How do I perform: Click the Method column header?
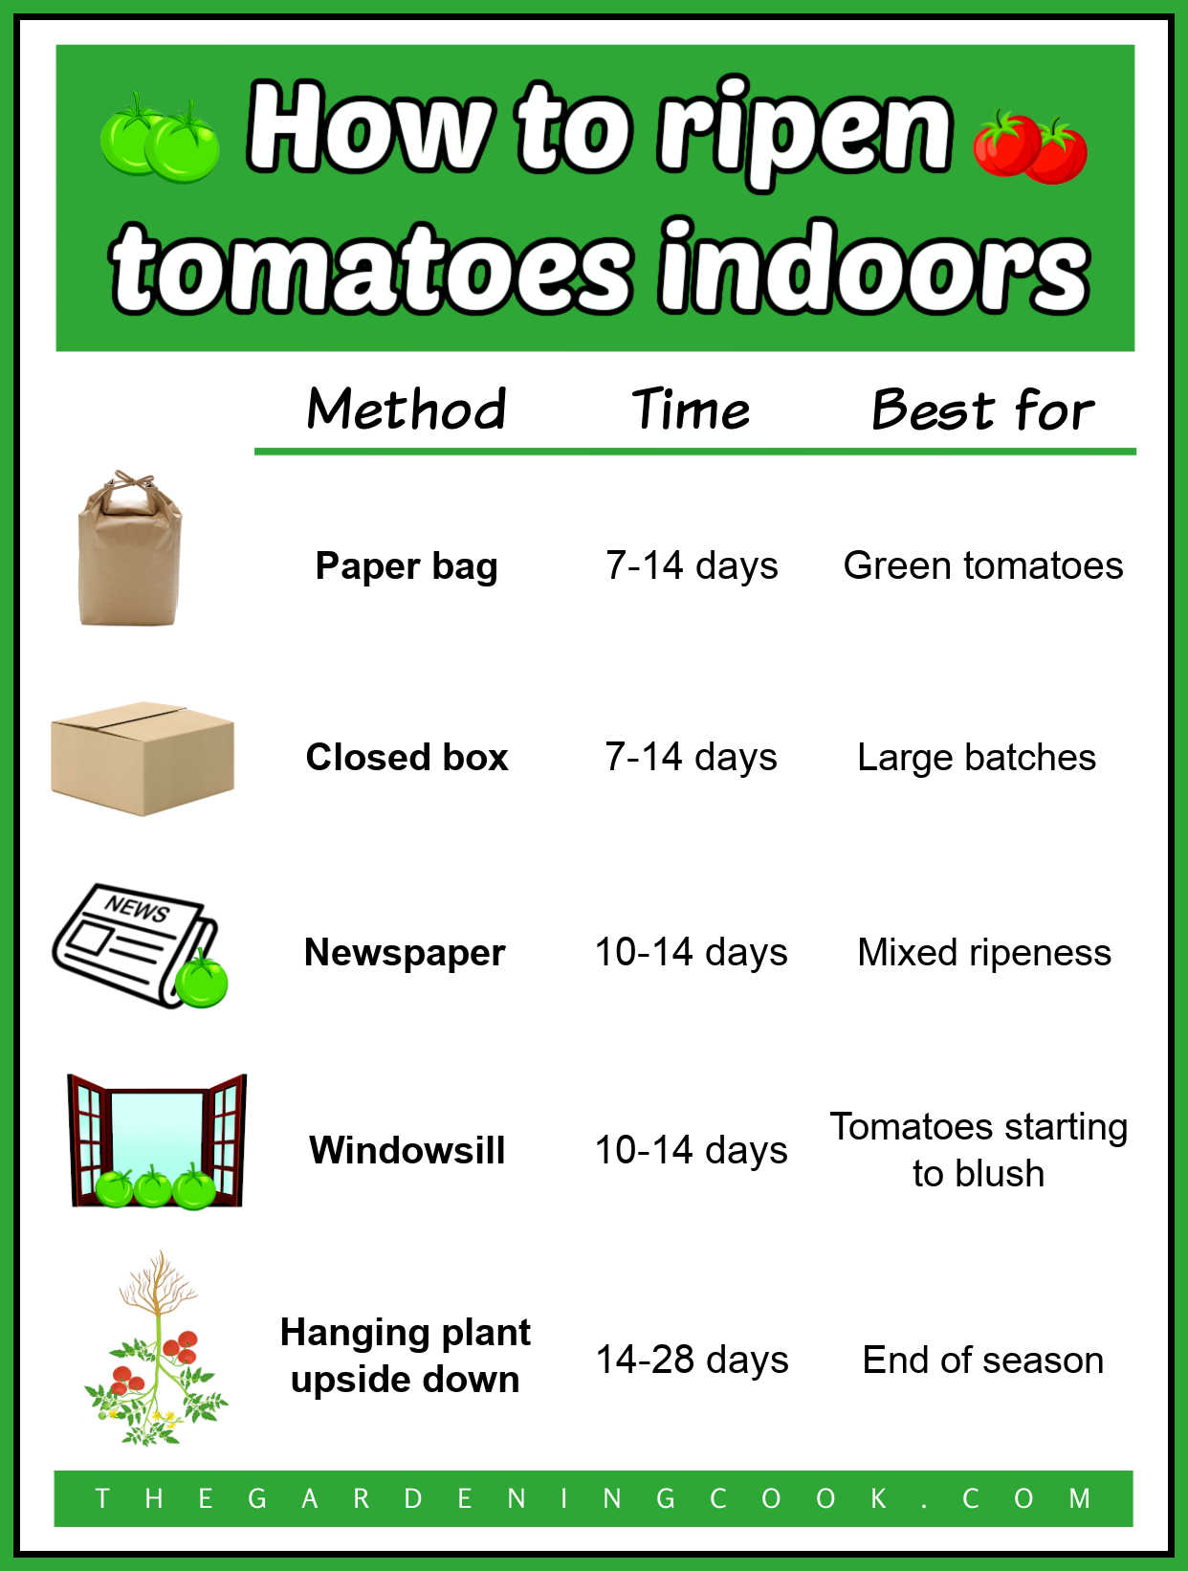point(407,409)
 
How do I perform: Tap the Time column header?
point(691,409)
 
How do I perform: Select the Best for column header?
point(982,410)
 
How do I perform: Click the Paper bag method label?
point(407,565)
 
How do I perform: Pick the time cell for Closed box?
point(691,757)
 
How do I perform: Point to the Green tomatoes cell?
point(982,565)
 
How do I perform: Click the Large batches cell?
point(977,757)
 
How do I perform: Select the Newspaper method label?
point(405,952)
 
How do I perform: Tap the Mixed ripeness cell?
point(984,952)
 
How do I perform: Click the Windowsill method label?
point(407,1149)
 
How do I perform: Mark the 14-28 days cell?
point(692,1360)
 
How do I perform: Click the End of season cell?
point(983,1360)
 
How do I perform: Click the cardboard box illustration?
point(143,758)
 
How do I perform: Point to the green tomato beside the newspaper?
point(202,981)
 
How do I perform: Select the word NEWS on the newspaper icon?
point(138,907)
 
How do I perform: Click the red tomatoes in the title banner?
point(1030,147)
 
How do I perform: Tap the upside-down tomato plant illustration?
point(156,1349)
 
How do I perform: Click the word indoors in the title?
point(873,269)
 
